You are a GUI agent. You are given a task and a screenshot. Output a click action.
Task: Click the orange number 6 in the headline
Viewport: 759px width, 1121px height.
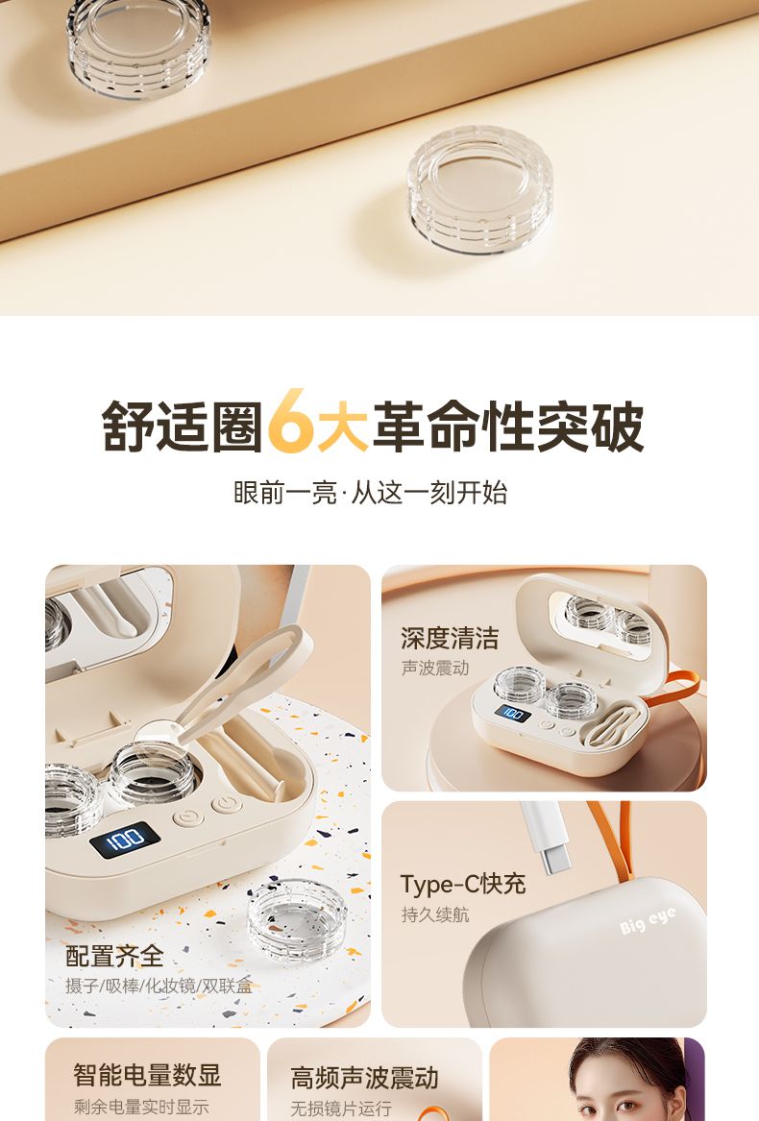pyautogui.click(x=292, y=422)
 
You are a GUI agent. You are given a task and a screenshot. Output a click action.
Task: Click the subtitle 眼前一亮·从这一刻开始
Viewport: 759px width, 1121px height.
pyautogui.click(x=371, y=493)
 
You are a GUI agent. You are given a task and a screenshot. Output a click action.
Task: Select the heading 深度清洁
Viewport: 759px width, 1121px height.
pyautogui.click(x=450, y=638)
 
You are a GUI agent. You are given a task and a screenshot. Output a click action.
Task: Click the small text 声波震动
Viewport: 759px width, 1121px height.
pyautogui.click(x=435, y=668)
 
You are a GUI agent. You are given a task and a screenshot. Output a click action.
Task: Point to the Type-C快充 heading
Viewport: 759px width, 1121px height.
pyautogui.click(x=463, y=884)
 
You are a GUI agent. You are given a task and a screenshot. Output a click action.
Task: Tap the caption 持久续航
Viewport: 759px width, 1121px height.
pyautogui.click(x=435, y=914)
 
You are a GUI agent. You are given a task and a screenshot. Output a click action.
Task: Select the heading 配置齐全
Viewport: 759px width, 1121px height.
pyautogui.click(x=114, y=956)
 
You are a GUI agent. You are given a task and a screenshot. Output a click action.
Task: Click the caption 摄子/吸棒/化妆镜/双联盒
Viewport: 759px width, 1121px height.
pyautogui.click(x=159, y=986)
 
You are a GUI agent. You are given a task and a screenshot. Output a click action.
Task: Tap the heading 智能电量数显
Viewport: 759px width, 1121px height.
pyautogui.click(x=147, y=1075)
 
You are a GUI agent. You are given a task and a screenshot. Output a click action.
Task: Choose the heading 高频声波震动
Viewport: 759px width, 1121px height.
pyautogui.click(x=364, y=1078)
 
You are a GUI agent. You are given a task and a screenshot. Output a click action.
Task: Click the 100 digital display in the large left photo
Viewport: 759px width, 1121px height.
pyautogui.click(x=125, y=840)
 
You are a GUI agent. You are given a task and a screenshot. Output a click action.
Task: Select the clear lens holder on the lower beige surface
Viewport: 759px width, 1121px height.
pyautogui.click(x=480, y=188)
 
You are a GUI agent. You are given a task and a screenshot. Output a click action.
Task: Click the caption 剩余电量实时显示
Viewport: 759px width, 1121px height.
pyautogui.click(x=141, y=1107)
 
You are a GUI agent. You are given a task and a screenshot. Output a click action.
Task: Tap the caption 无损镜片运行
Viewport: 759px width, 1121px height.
pyautogui.click(x=340, y=1109)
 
